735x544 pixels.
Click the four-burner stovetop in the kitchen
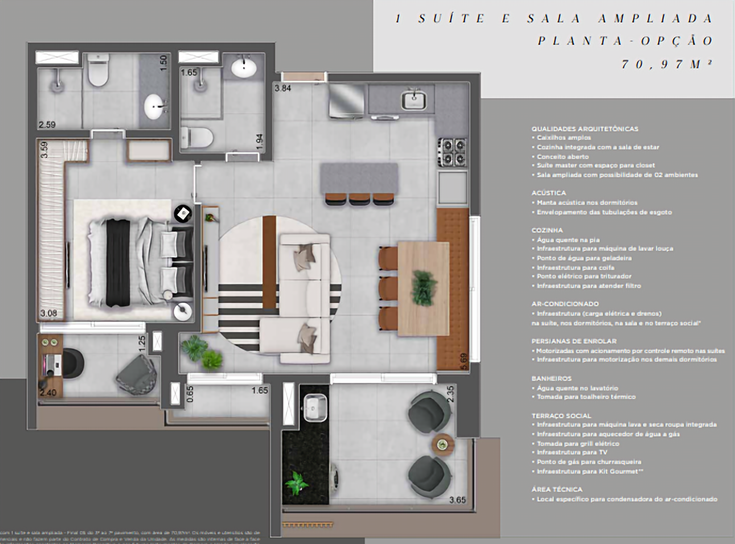pyautogui.click(x=452, y=152)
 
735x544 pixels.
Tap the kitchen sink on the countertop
pyautogui.click(x=413, y=99)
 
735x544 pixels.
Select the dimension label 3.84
pyautogui.click(x=283, y=88)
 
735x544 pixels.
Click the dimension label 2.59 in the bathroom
pyautogui.click(x=47, y=125)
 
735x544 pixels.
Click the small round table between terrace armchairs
pyautogui.click(x=442, y=444)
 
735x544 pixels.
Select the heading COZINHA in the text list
pyautogui.click(x=547, y=230)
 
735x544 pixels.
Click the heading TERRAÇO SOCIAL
pyautogui.click(x=561, y=415)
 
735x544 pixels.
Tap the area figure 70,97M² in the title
pyautogui.click(x=667, y=64)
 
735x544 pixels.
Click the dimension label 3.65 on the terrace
pyautogui.click(x=457, y=500)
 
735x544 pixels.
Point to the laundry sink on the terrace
pyautogui.click(x=315, y=407)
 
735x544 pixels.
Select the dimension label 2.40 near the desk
pyautogui.click(x=48, y=393)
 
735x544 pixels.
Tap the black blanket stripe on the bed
pyautogui.click(x=118, y=263)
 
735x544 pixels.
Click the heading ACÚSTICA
pyautogui.click(x=548, y=193)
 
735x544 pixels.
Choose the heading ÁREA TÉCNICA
pyautogui.click(x=556, y=489)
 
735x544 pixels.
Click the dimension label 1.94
pyautogui.click(x=259, y=141)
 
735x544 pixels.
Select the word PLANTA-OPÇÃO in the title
pyautogui.click(x=625, y=41)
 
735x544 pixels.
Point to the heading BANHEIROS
pyautogui.click(x=551, y=378)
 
